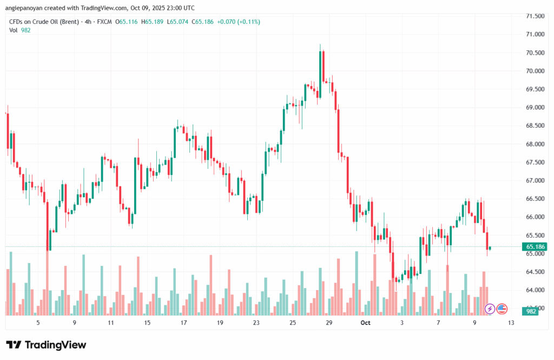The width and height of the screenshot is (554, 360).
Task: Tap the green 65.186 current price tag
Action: [535, 247]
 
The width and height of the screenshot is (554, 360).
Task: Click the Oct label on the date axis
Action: [365, 323]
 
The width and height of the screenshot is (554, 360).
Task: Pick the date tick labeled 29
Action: [328, 323]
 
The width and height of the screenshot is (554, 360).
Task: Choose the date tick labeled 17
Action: [183, 323]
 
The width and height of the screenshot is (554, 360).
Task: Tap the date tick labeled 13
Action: [511, 323]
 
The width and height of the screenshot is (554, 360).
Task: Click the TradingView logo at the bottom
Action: [46, 345]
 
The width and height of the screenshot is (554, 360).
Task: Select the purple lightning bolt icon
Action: [490, 309]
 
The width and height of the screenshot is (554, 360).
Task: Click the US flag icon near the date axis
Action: [502, 309]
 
